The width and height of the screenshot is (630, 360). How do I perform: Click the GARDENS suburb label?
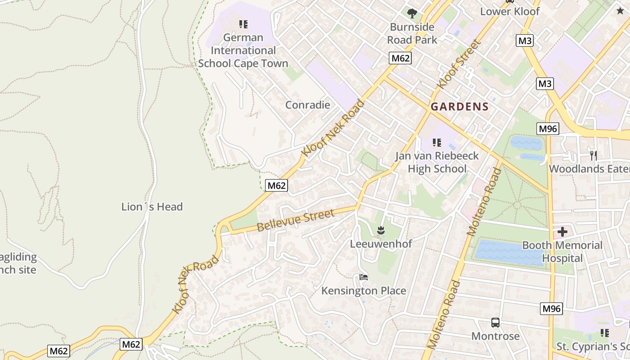[459, 107]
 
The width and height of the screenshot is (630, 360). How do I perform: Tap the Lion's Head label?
[152, 207]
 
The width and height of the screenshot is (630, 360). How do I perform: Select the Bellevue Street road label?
[296, 220]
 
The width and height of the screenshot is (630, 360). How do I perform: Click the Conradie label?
[308, 105]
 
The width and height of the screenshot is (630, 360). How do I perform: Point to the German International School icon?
[243, 24]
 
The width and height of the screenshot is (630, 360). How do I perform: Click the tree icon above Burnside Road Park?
[412, 13]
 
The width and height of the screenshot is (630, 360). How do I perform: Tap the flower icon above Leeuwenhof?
[381, 231]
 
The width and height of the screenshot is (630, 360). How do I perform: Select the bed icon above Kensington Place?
[364, 278]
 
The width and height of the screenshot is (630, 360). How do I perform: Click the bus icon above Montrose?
[495, 323]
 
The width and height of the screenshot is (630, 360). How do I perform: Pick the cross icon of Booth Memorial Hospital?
[562, 232]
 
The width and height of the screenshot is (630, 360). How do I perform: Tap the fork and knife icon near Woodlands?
[594, 156]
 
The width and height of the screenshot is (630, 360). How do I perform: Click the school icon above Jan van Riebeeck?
[436, 143]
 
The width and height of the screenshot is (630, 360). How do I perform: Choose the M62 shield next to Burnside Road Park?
[400, 58]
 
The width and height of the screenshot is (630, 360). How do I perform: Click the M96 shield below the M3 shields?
[548, 129]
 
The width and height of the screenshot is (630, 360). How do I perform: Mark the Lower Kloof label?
[509, 11]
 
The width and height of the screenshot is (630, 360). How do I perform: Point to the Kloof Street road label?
[459, 64]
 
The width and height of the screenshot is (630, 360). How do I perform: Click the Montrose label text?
[495, 336]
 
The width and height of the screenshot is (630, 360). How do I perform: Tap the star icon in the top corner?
[620, 10]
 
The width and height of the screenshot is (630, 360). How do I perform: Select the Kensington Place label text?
[364, 291]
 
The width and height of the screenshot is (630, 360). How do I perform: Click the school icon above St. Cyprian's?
[604, 333]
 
